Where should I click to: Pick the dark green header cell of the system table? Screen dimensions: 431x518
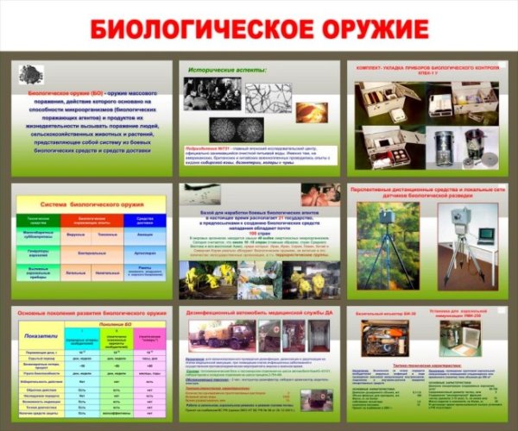pos(38,219)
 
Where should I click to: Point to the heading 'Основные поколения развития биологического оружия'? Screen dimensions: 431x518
pos(86,312)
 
